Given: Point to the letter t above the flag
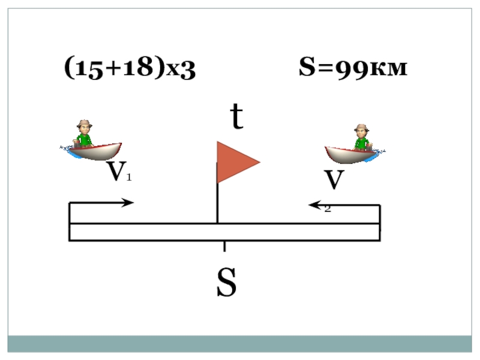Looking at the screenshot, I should (238, 118).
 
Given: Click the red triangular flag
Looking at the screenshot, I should (235, 162).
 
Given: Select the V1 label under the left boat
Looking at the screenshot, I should (119, 172).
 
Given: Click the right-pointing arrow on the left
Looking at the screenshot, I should (102, 203).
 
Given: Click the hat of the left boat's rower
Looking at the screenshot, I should (83, 124).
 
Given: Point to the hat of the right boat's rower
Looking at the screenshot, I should (361, 128).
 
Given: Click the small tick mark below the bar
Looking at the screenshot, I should (224, 247).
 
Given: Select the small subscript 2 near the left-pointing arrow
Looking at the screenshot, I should (328, 209).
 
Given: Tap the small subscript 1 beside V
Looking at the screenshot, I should (128, 178).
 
